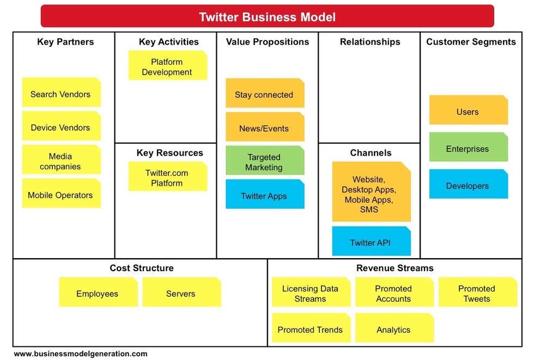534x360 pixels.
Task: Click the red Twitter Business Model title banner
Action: (x=268, y=16)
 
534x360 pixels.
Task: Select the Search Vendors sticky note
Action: (x=61, y=92)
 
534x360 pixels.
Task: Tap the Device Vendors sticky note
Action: (x=61, y=126)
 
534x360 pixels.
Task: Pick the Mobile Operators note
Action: (x=61, y=193)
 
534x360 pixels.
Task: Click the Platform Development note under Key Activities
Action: (x=168, y=65)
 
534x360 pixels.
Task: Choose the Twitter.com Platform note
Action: (x=168, y=176)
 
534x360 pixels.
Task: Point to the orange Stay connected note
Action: (x=265, y=93)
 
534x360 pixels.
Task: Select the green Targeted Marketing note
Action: (x=265, y=160)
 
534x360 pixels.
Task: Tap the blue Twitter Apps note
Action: (x=265, y=194)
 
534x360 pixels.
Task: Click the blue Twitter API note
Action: (x=371, y=241)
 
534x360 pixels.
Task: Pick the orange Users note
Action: (x=468, y=110)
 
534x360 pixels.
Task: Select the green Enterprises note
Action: (x=468, y=147)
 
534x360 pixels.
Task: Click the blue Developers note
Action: (x=468, y=184)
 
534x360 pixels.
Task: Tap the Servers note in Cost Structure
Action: (x=181, y=292)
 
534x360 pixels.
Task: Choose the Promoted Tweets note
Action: (x=477, y=292)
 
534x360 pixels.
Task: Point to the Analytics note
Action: (x=395, y=328)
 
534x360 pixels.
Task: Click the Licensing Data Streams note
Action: (x=311, y=292)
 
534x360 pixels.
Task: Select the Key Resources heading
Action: (x=169, y=153)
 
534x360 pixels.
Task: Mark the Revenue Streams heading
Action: (x=395, y=268)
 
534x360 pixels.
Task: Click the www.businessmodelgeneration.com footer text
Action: (x=81, y=353)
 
